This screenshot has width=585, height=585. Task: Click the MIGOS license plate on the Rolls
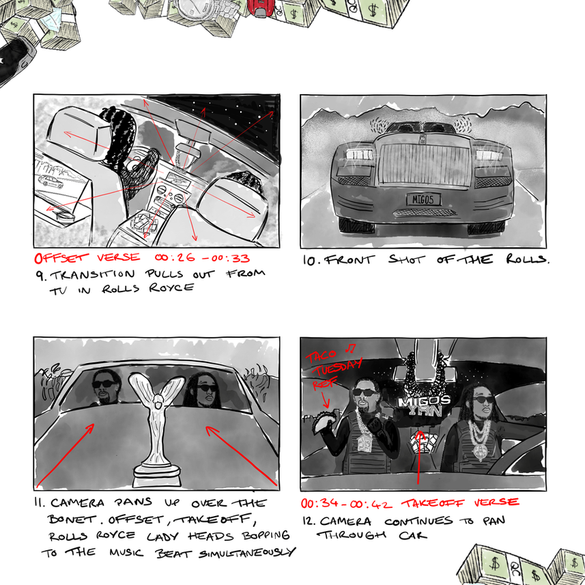point(423,199)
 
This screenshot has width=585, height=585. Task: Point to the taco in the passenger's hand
point(324,423)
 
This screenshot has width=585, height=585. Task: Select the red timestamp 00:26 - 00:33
point(202,257)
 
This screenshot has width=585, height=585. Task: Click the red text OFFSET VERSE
point(87,257)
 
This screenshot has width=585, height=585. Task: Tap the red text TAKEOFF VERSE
point(459,503)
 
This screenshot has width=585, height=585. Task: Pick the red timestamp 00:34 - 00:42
point(347,504)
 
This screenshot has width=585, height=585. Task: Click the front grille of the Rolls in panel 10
point(425,164)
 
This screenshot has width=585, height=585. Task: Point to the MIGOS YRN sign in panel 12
point(424,406)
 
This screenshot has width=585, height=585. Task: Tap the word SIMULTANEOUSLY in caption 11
point(247,553)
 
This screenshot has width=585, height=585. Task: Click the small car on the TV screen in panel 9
point(51,182)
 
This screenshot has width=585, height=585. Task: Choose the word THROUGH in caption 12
point(352,536)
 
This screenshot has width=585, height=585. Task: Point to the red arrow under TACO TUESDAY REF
point(326,401)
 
